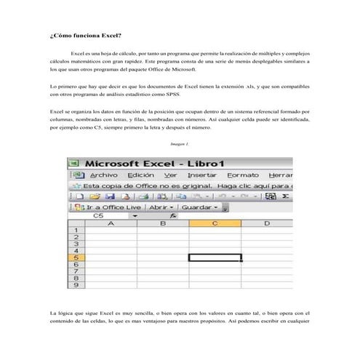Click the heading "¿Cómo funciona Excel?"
tap(80, 36)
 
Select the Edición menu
tap(140, 175)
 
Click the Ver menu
tap(171, 175)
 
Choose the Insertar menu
tap(202, 175)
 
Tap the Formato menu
tap(242, 175)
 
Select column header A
tap(111, 224)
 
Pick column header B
tap(163, 224)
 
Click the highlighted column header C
tap(215, 224)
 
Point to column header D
tap(266, 224)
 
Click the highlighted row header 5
tap(76, 257)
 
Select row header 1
tap(76, 231)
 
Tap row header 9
tap(76, 285)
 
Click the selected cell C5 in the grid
tap(215, 257)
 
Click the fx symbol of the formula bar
tap(173, 216)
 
